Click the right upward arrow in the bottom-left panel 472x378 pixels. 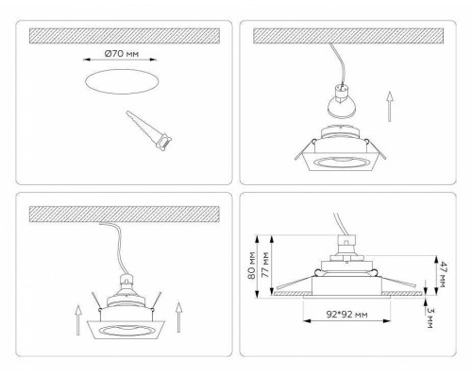click(177, 311)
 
